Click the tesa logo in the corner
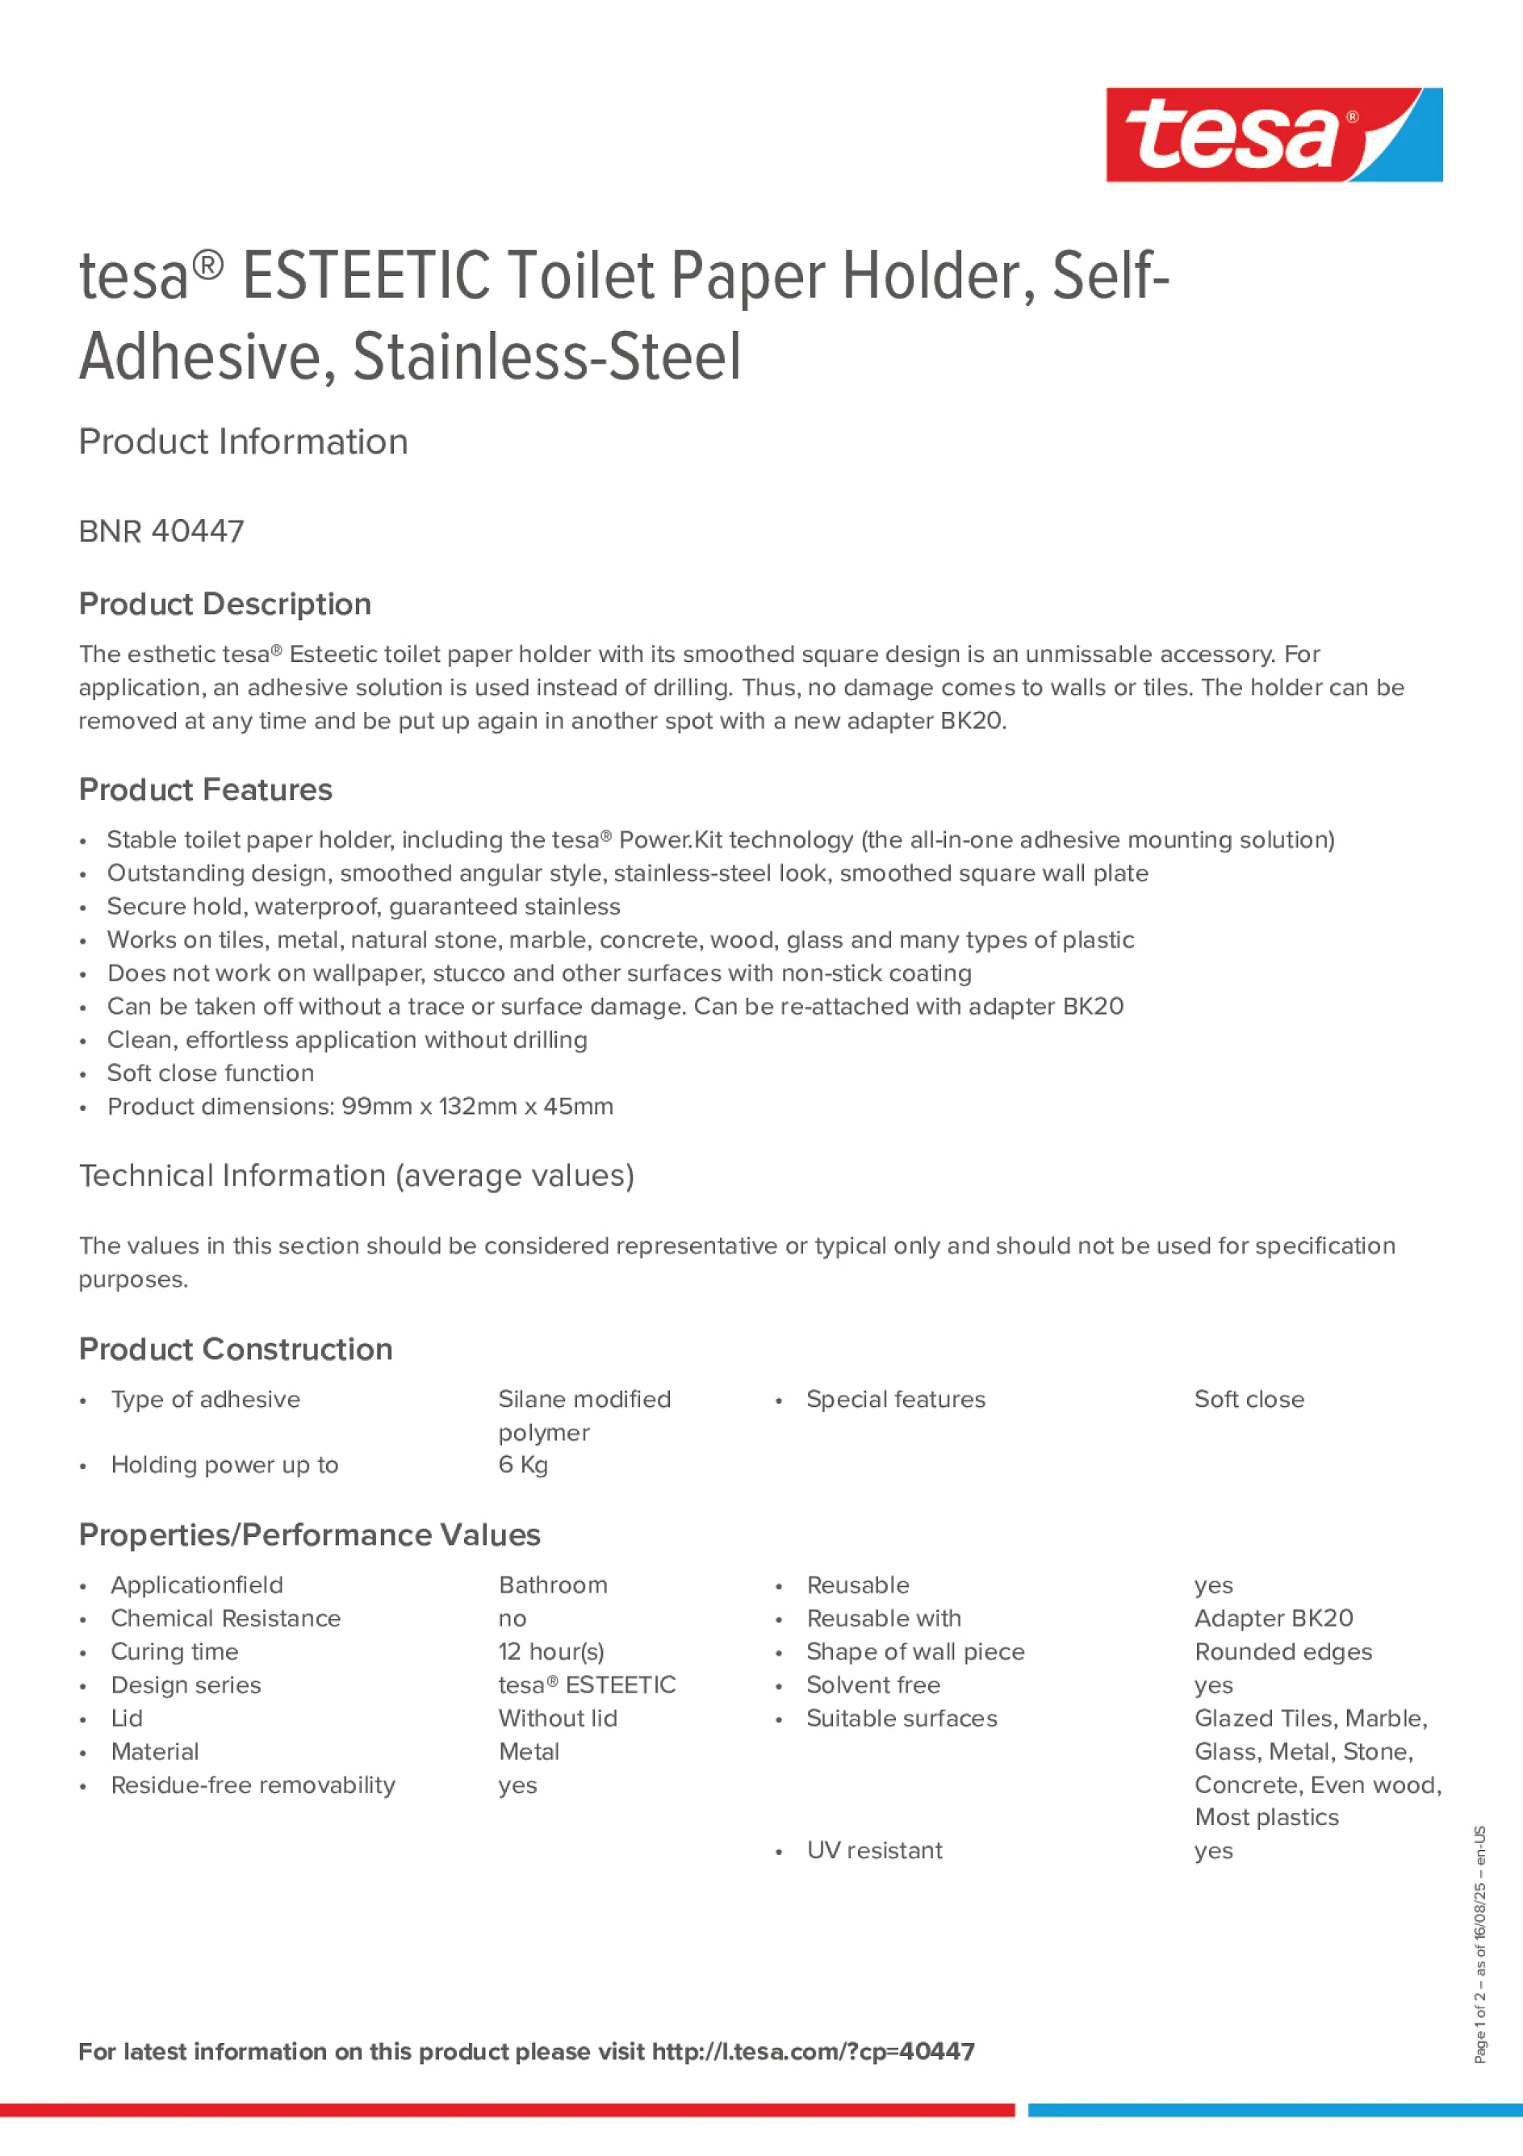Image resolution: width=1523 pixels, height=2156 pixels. (x=1274, y=134)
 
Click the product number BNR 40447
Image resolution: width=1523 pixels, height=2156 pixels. (x=161, y=531)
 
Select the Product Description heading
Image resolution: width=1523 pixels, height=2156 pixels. (x=224, y=604)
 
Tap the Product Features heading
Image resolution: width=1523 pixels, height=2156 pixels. (x=205, y=789)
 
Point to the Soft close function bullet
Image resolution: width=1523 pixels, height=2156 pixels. (x=211, y=1073)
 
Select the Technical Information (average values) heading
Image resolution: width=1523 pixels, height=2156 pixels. (x=356, y=1175)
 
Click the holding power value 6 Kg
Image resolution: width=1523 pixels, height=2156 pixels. (x=523, y=1465)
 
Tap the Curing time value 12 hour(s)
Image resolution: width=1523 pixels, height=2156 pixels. (x=551, y=1652)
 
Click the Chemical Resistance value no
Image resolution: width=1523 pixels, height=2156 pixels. (x=513, y=1619)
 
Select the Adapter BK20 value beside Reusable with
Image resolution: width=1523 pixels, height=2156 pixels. (x=1274, y=1619)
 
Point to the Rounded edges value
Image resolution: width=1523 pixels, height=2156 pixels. (x=1282, y=1652)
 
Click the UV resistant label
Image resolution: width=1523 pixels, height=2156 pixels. (x=874, y=1851)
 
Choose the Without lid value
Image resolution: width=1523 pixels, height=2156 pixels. (x=558, y=1719)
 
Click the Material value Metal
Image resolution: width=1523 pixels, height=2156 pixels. (x=529, y=1752)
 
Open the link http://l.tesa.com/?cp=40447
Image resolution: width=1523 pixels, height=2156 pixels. (x=813, y=2052)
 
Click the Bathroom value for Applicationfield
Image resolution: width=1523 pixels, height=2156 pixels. (x=553, y=1585)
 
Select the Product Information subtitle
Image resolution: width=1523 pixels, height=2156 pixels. (x=243, y=442)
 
